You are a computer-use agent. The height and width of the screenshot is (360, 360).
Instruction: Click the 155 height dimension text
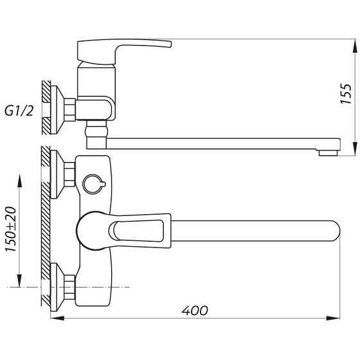[x=346, y=94]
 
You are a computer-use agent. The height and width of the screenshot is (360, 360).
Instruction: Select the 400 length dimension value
[x=194, y=310]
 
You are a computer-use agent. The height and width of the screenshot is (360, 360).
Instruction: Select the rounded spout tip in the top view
[x=331, y=231]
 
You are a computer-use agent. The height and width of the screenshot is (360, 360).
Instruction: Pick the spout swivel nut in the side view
[x=94, y=134]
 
